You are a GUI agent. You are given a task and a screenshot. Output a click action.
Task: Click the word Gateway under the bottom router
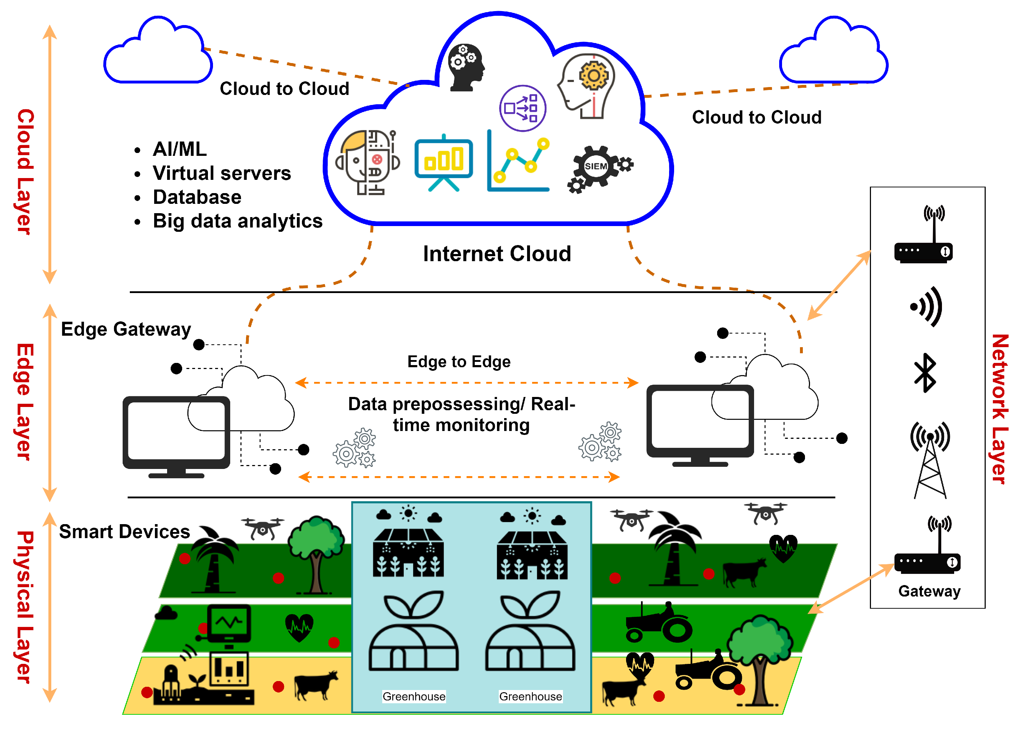click(929, 591)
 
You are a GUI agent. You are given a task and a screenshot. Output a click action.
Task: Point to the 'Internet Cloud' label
click(497, 254)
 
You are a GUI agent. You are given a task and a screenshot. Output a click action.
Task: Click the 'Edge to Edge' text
click(459, 361)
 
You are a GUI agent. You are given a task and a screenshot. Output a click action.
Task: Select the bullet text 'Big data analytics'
click(238, 221)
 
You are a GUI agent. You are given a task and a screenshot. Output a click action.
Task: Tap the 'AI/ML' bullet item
click(180, 149)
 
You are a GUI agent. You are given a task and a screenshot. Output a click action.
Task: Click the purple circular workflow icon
click(523, 108)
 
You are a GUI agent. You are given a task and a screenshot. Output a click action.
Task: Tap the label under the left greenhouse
click(414, 696)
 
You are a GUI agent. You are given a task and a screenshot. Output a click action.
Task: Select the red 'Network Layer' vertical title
click(1000, 409)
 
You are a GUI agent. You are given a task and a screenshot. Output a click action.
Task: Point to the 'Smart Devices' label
click(124, 532)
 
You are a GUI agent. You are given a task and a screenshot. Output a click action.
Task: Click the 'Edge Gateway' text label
click(126, 330)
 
